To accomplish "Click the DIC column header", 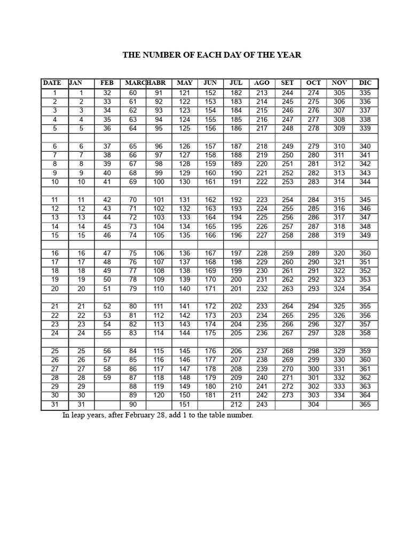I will [x=365, y=83].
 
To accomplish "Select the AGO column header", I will [x=262, y=83].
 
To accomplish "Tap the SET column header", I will [x=288, y=83].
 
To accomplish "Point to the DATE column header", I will [x=52, y=83].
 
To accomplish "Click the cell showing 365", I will [x=365, y=404].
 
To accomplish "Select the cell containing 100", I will [x=159, y=182].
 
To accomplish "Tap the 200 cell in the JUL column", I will [x=235, y=279].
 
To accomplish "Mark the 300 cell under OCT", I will [x=313, y=369].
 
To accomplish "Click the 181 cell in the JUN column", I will [x=210, y=395].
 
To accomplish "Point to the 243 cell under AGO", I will [x=262, y=404].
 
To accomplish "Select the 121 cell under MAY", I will [x=185, y=92].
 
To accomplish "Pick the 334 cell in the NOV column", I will [x=339, y=395].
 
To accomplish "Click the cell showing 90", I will [x=133, y=404].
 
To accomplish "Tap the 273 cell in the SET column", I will [x=288, y=395].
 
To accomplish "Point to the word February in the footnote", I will [x=177, y=415].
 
